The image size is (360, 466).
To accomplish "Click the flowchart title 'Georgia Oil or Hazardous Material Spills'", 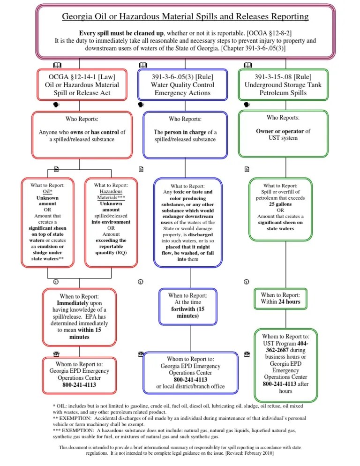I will pyautogui.click(x=186, y=17).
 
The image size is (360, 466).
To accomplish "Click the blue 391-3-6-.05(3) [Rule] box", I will pyautogui.click(x=183, y=85).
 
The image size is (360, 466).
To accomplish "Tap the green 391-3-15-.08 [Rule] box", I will pyautogui.click(x=283, y=85).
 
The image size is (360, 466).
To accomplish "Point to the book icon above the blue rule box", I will pyautogui.click(x=143, y=65).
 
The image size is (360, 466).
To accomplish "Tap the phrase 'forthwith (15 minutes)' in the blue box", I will pyautogui.click(x=187, y=313).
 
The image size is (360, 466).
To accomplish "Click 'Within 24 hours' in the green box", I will pyautogui.click(x=281, y=302).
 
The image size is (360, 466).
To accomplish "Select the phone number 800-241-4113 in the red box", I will pyautogui.click(x=79, y=385).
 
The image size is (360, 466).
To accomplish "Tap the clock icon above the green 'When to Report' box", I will pyautogui.click(x=246, y=282).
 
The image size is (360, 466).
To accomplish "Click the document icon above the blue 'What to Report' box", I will pyautogui.click(x=140, y=168).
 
